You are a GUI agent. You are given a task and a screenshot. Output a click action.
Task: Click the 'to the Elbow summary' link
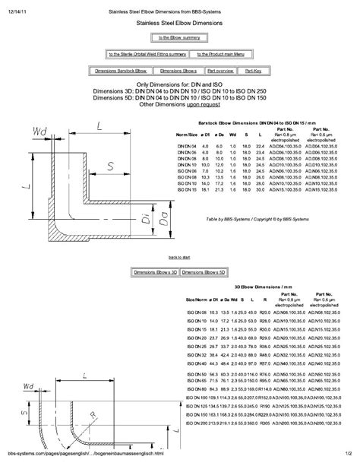tap(179, 36)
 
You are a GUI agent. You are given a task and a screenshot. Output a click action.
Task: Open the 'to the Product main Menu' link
tap(220, 54)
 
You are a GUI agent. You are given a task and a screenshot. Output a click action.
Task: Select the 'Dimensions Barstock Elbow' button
tap(115, 69)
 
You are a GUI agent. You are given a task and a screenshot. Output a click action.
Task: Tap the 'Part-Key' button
tap(251, 69)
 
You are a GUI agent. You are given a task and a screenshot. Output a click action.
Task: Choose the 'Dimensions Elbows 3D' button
tap(154, 271)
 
